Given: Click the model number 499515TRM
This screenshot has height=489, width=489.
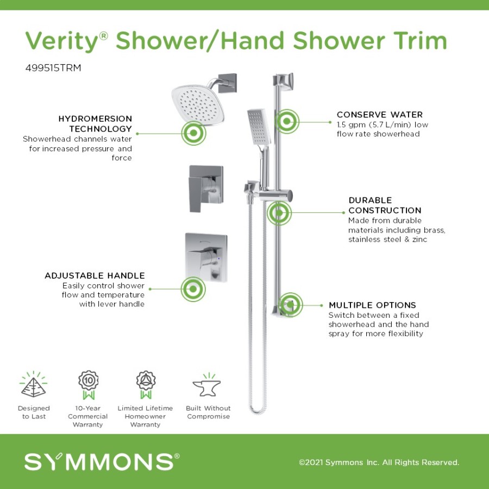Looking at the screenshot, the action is pyautogui.click(x=53, y=68).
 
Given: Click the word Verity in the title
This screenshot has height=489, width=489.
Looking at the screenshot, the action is pyautogui.click(x=62, y=41).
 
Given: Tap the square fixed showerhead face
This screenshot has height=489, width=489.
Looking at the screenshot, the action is pyautogui.click(x=198, y=104).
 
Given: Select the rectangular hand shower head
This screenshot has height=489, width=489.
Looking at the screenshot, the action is pyautogui.click(x=259, y=127).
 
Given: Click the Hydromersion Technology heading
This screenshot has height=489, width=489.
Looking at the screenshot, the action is pyautogui.click(x=95, y=123).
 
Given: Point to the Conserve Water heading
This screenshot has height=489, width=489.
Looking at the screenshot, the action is pyautogui.click(x=380, y=115).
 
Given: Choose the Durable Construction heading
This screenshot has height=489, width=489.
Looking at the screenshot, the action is pyautogui.click(x=385, y=205).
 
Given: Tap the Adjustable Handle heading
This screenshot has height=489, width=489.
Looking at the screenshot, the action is pyautogui.click(x=95, y=275).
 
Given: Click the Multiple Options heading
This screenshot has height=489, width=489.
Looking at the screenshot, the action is pyautogui.click(x=372, y=305).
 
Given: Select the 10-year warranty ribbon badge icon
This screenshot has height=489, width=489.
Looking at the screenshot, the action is pyautogui.click(x=88, y=385).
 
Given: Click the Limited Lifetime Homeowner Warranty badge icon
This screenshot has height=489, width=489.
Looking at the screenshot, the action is pyautogui.click(x=146, y=385).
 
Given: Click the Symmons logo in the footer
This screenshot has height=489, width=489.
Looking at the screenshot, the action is pyautogui.click(x=102, y=462).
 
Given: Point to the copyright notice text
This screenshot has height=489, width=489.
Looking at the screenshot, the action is pyautogui.click(x=379, y=462).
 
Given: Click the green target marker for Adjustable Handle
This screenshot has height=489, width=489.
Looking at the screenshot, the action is pyautogui.click(x=193, y=289).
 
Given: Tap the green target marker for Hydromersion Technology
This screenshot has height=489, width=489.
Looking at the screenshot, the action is pyautogui.click(x=193, y=133).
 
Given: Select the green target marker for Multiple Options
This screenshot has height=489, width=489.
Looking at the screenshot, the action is pyautogui.click(x=290, y=305).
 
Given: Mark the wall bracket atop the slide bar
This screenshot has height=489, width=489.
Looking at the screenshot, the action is pyautogui.click(x=284, y=82).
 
